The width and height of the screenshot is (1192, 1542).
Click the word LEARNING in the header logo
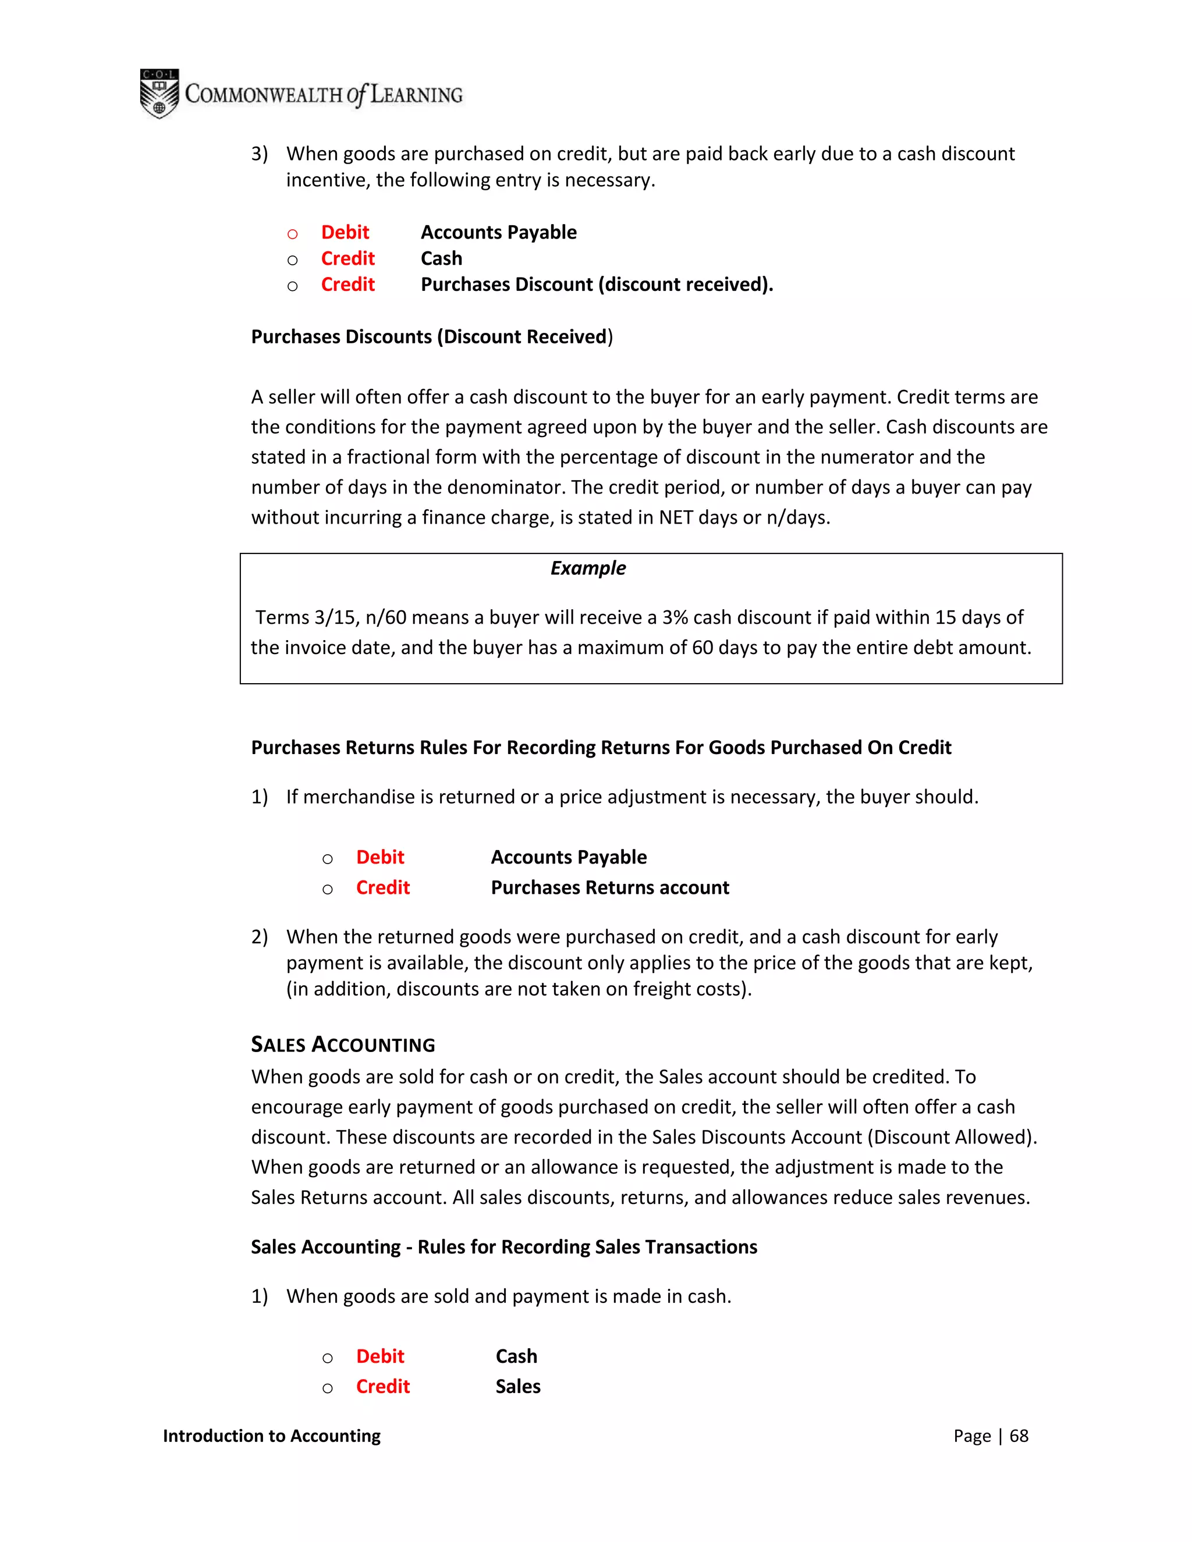pyautogui.click(x=416, y=95)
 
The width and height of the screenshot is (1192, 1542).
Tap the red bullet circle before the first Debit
pyautogui.click(x=292, y=234)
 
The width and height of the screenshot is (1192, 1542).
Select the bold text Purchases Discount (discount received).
pyautogui.click(x=597, y=285)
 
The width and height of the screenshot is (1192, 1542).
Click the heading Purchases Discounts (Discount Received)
pyautogui.click(x=431, y=337)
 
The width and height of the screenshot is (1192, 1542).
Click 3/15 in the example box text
pyautogui.click(x=335, y=618)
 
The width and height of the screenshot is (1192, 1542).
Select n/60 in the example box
pyautogui.click(x=385, y=618)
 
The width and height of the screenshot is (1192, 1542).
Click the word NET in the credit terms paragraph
pyautogui.click(x=675, y=517)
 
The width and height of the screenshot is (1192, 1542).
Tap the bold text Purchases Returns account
pyautogui.click(x=609, y=887)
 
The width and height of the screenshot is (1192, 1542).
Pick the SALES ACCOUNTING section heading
pyautogui.click(x=343, y=1045)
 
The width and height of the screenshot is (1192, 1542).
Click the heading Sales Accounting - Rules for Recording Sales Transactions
pyautogui.click(x=503, y=1247)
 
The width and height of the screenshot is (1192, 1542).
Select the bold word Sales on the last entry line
pyautogui.click(x=517, y=1387)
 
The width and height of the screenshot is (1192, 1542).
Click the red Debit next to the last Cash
pyautogui.click(x=380, y=1356)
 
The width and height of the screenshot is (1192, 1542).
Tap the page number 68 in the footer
pyautogui.click(x=1019, y=1436)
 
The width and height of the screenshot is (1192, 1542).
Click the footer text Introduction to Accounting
pyautogui.click(x=271, y=1436)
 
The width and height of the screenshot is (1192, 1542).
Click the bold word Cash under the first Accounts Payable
pyautogui.click(x=441, y=258)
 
